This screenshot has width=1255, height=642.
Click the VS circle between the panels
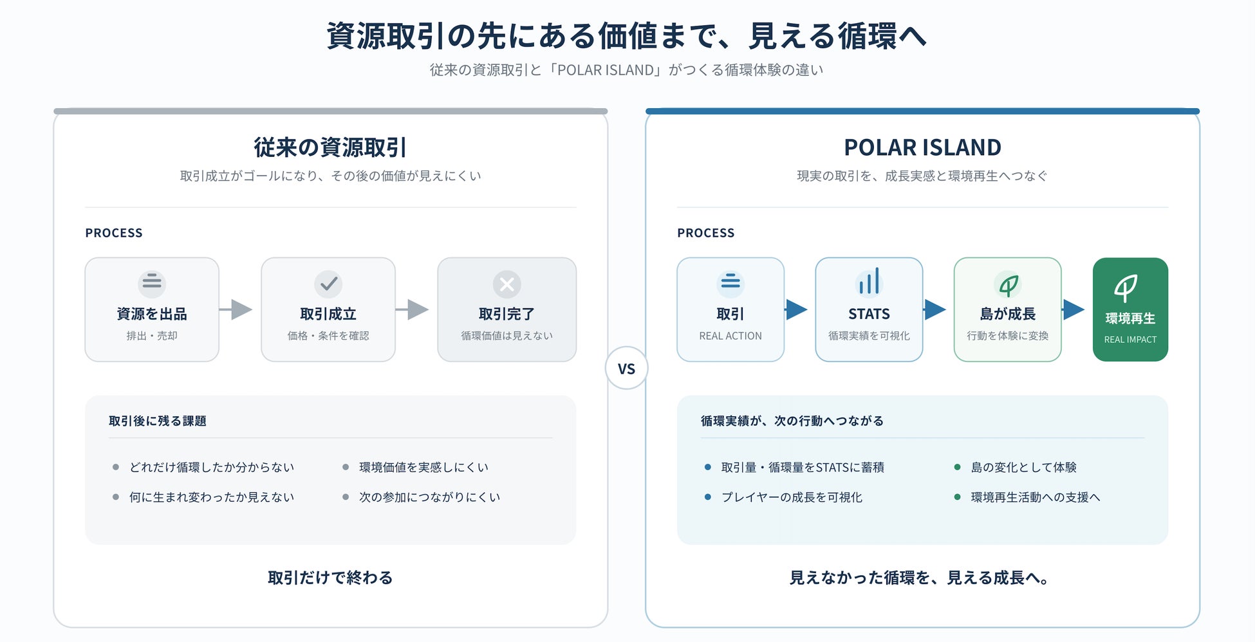click(x=626, y=368)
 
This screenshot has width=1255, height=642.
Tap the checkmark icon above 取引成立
click(x=328, y=284)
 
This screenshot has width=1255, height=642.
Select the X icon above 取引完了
click(x=507, y=284)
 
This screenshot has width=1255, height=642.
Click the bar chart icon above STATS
click(x=869, y=282)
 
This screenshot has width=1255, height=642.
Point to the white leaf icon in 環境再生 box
click(x=1126, y=288)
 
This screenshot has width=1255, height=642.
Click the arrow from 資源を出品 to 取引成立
click(x=236, y=309)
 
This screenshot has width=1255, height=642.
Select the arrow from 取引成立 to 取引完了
click(x=412, y=309)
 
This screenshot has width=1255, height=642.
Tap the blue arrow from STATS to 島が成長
click(x=934, y=309)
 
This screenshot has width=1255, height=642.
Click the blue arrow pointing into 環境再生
click(x=1074, y=309)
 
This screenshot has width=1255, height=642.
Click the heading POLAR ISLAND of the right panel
click(x=922, y=147)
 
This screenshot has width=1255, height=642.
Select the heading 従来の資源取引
click(x=330, y=147)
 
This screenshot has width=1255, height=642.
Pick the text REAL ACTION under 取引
click(x=730, y=336)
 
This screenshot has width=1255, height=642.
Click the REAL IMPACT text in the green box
click(x=1130, y=340)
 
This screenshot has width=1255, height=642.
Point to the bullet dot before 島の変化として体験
click(x=957, y=467)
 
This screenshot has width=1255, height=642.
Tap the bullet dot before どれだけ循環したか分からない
click(x=116, y=467)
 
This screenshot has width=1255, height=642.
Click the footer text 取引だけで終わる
click(x=330, y=578)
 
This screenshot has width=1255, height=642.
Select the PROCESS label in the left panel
click(x=114, y=233)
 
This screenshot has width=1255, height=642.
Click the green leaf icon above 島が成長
click(x=1008, y=284)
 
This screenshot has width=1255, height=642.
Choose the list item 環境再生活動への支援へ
click(x=1036, y=497)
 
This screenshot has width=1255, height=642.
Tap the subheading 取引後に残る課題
click(x=158, y=421)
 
